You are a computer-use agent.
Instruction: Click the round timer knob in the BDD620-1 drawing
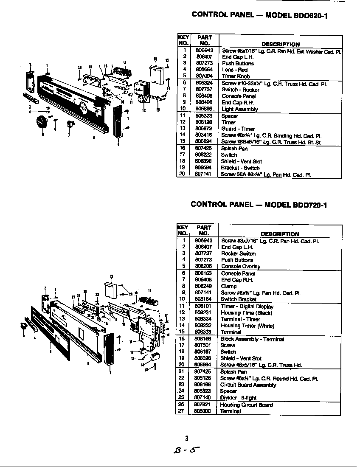click(x=42, y=121)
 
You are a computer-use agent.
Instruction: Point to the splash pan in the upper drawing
click(x=156, y=73)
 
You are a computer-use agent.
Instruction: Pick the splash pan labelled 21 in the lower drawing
click(x=111, y=291)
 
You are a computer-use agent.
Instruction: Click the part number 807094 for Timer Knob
click(x=204, y=76)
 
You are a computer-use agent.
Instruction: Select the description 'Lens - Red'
click(x=234, y=70)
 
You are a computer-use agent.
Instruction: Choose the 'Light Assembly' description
click(x=239, y=109)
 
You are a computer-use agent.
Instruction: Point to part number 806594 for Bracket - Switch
click(x=204, y=168)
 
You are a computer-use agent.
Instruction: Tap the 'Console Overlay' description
click(x=240, y=267)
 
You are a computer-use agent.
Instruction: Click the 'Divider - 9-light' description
click(x=238, y=398)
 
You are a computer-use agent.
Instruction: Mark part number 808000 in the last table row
click(x=203, y=411)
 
